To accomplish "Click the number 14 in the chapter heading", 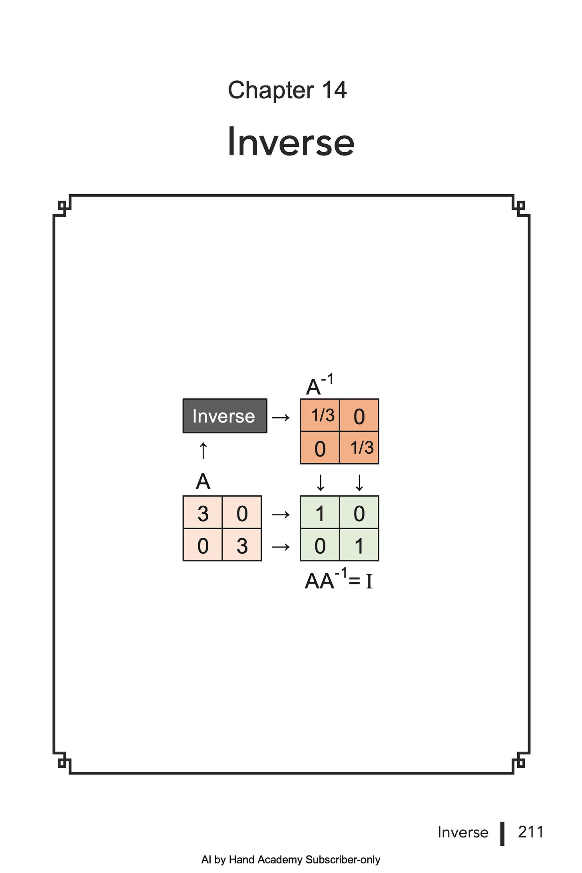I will (334, 90).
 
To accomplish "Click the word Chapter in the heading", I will (271, 90).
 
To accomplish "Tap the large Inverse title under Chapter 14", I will (291, 142).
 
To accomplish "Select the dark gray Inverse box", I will (225, 416).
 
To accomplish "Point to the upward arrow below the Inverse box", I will (203, 451).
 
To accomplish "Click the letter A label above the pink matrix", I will (203, 482).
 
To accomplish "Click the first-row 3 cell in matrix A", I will (203, 513).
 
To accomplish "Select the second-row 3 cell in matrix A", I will (242, 546).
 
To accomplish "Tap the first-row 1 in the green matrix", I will (320, 513).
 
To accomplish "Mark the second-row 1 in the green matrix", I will (359, 546).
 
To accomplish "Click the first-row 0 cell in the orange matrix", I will (359, 416).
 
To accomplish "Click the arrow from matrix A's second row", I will (281, 546).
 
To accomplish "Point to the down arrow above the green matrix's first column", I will (320, 483).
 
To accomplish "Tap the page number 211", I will (530, 832).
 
